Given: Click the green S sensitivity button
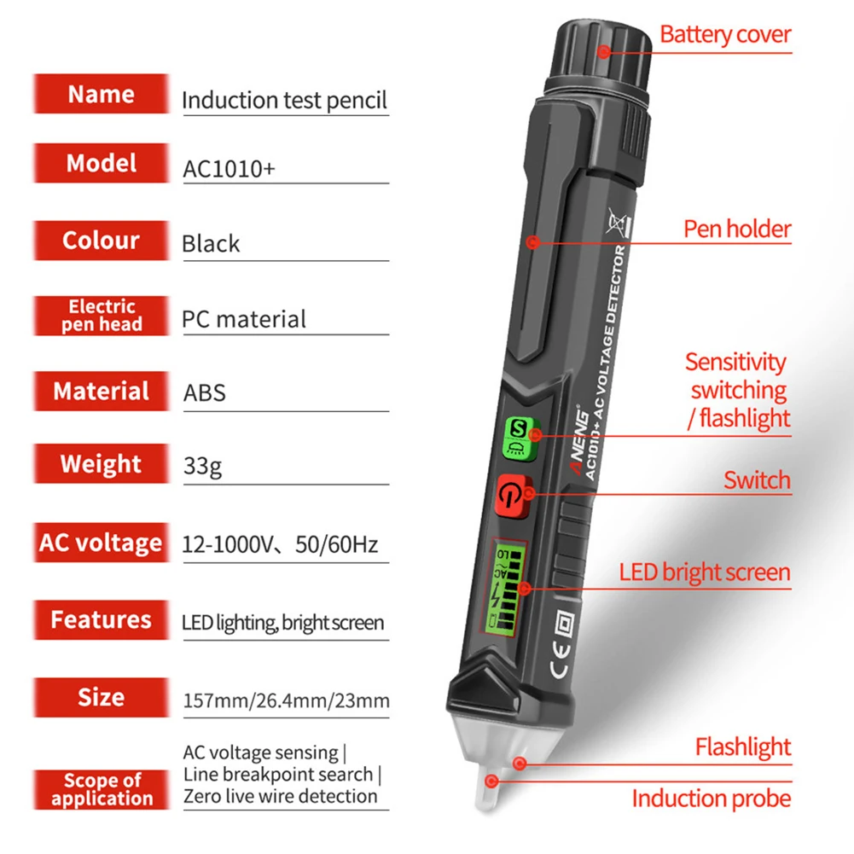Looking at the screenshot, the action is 521,439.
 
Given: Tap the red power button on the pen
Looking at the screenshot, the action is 512,496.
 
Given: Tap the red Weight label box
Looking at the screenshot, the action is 102,464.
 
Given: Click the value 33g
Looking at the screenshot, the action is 202,466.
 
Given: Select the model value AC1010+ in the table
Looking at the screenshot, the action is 229,169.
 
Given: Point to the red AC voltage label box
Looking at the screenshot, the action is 102,543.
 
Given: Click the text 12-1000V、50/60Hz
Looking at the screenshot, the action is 280,544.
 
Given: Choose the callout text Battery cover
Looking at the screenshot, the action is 725,34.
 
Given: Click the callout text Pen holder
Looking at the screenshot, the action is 737,229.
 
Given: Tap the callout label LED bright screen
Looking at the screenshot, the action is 705,572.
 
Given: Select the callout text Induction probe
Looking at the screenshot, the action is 712,799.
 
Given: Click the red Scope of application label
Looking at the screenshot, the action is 102,789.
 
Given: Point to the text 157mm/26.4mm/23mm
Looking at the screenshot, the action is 287,700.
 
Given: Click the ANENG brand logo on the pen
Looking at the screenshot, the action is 579,440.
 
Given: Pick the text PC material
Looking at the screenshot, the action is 243,319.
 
